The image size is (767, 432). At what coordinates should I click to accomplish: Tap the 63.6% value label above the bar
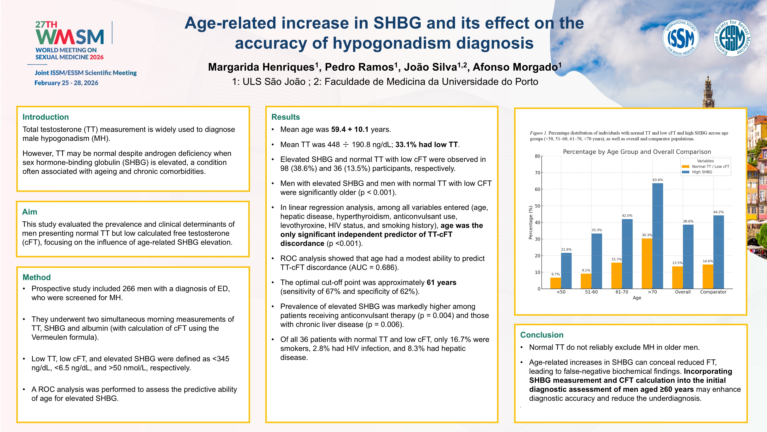pos(658,180)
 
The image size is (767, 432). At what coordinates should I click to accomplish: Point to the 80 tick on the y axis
pos(537,156)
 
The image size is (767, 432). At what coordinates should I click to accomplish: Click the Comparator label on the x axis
pos(713,292)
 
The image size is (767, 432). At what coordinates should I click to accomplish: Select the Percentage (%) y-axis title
pos(530,222)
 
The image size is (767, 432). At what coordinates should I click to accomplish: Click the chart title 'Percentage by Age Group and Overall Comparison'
pos(637,152)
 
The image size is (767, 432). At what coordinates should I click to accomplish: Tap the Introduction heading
pos(46,117)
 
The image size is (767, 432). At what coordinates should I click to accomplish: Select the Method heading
pos(36,277)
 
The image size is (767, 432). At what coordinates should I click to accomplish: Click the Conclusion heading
pos(542,335)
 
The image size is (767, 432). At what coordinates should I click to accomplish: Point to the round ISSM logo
pos(680,38)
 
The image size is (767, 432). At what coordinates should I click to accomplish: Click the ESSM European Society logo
pos(732,38)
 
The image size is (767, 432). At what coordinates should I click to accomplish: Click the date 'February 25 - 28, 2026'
pos(66,83)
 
